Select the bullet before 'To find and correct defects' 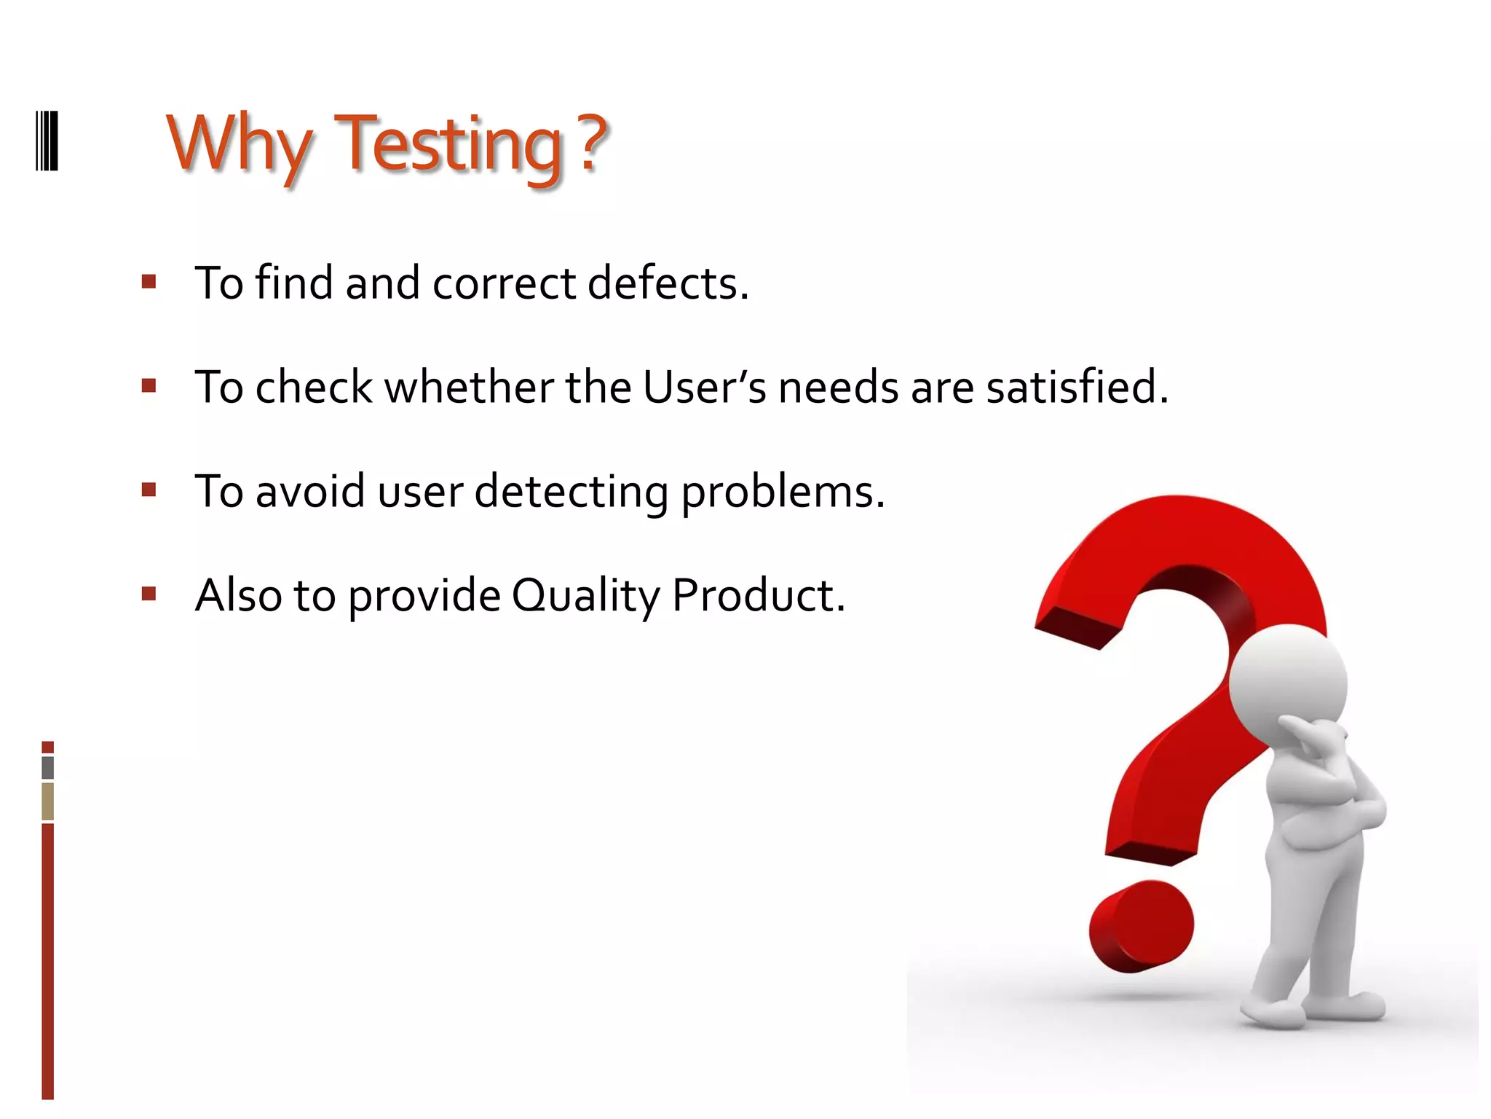(x=149, y=282)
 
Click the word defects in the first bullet (x=668, y=283)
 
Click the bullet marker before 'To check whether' (x=149, y=386)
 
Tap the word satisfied (x=1077, y=387)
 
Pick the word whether (x=470, y=387)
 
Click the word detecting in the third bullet (x=571, y=492)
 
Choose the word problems (x=783, y=492)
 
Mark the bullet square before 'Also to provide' (x=149, y=594)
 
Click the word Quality (x=585, y=596)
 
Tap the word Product (x=758, y=595)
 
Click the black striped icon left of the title (x=47, y=141)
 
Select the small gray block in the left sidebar (x=48, y=767)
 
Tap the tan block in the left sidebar (x=48, y=801)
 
